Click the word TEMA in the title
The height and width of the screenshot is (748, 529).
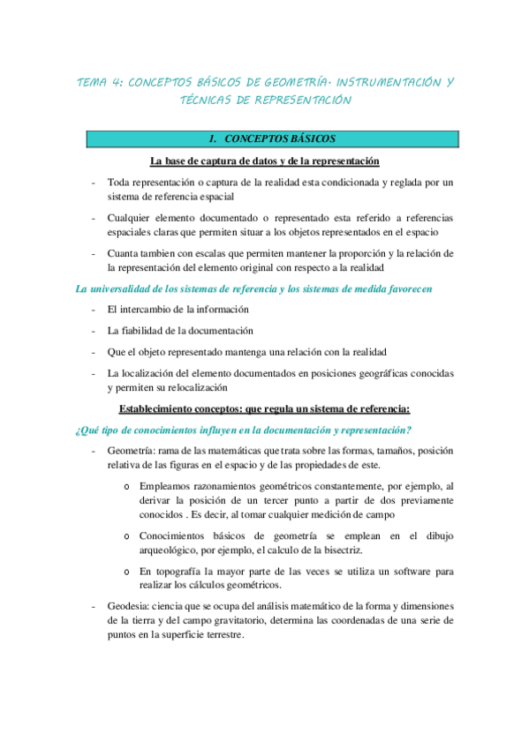(92, 82)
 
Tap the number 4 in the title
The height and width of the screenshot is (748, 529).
(118, 82)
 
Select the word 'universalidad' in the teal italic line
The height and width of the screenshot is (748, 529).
(97, 288)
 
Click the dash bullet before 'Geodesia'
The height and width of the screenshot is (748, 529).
(94, 606)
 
